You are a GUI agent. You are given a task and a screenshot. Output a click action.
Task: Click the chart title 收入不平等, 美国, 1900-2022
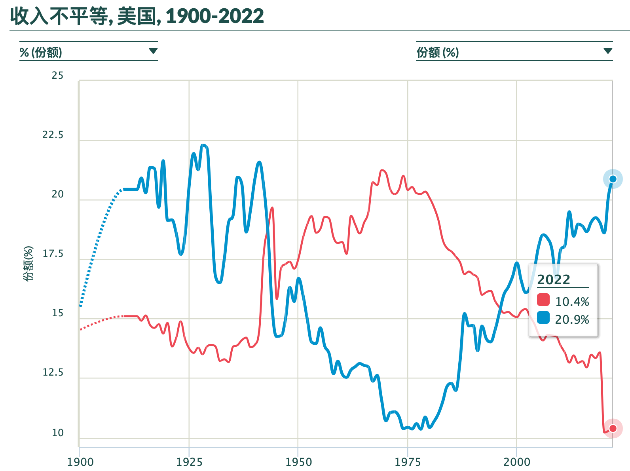coord(137,16)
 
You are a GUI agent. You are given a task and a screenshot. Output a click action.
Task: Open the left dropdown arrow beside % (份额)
coord(153,51)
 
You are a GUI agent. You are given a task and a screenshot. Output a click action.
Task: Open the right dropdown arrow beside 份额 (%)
coord(608,51)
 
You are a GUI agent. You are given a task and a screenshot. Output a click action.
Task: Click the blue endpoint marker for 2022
coord(613,179)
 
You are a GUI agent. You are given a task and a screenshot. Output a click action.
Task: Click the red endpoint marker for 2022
coord(613,428)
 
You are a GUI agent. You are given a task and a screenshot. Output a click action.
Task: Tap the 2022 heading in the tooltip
coord(554,280)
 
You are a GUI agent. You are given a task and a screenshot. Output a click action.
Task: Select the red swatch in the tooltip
coord(543,300)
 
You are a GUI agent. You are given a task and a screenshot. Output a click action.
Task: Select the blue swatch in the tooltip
coord(543,317)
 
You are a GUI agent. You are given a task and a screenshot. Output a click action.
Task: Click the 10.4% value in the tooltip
coord(572,302)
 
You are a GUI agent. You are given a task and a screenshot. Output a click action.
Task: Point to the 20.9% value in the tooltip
coord(572,319)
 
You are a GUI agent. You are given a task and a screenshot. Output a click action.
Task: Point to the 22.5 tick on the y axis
coord(53,135)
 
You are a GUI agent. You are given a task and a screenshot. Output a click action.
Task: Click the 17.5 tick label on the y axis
coord(53,254)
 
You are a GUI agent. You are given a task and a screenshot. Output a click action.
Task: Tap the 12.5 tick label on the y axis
coord(53,372)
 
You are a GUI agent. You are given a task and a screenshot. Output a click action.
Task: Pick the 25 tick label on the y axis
coord(57,76)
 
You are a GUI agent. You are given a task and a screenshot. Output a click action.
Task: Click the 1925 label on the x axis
coord(189,462)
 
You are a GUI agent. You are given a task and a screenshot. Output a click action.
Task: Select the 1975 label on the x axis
coord(408,462)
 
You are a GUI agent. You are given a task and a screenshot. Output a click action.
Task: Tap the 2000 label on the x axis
coord(516,462)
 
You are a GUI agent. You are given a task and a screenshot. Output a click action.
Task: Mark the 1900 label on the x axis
coord(80,462)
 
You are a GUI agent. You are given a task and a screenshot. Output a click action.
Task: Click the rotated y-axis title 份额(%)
coord(28,263)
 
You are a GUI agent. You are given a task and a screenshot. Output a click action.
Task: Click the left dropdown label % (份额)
coord(41,52)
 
